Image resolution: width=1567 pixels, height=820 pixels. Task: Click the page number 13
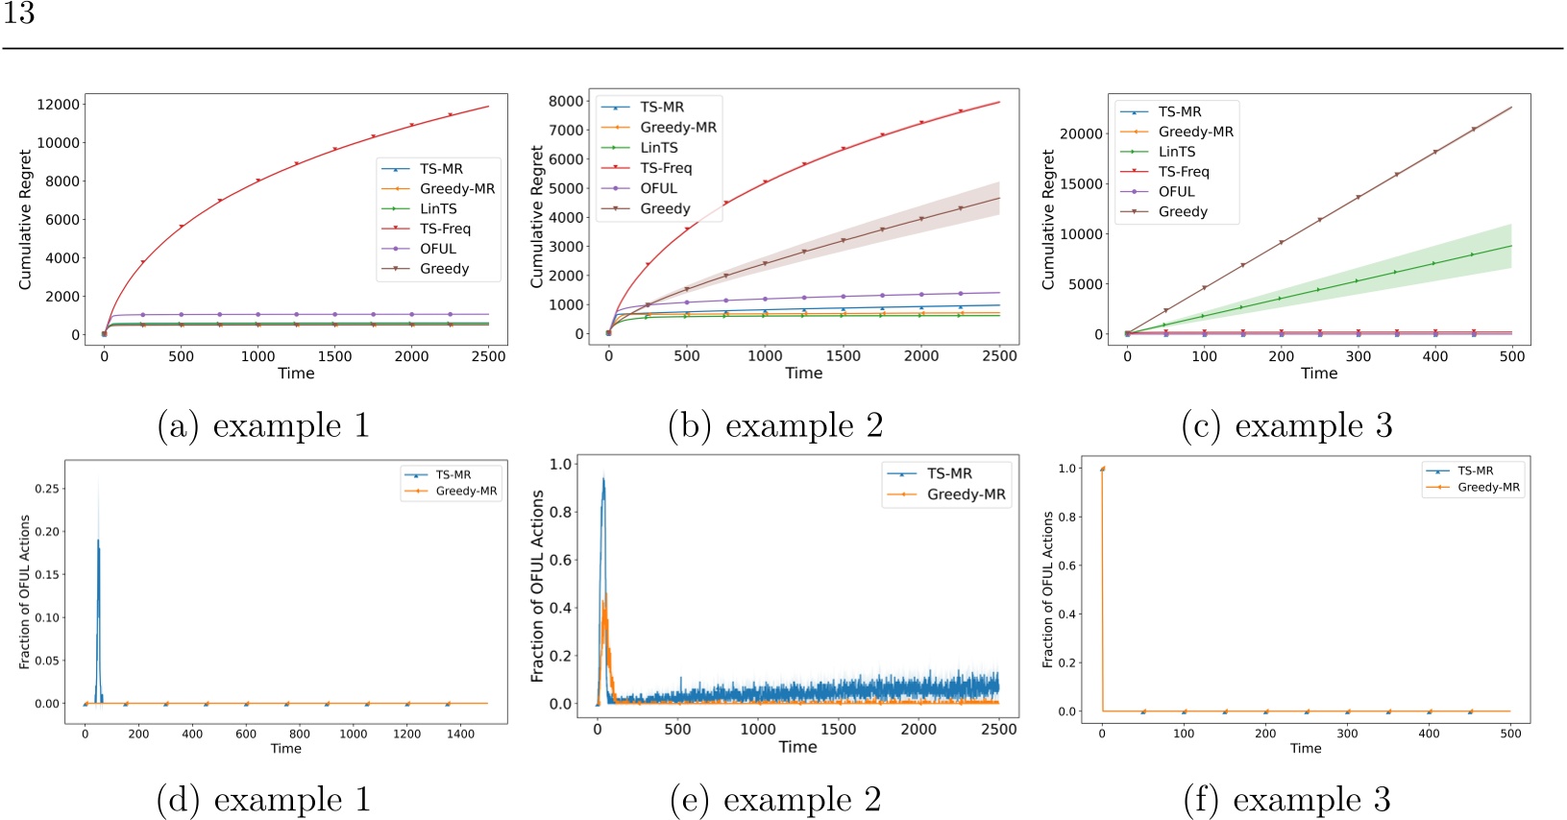tap(19, 13)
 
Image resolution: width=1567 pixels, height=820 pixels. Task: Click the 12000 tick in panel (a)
tap(58, 105)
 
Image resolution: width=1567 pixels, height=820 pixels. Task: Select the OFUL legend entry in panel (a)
tap(438, 249)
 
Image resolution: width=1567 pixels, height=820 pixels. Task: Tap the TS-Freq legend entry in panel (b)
tap(666, 168)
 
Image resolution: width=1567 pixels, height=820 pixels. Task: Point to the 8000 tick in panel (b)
tap(566, 101)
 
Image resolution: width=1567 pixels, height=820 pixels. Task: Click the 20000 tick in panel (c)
tap(1081, 133)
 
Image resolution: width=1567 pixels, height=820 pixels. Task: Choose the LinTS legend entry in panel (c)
tap(1177, 152)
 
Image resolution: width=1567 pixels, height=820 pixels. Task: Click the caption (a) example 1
tap(263, 425)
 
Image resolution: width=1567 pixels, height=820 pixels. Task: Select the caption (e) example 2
tap(774, 799)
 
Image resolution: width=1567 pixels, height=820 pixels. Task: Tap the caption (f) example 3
tap(1286, 799)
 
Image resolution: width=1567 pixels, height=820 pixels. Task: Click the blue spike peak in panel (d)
tap(98, 541)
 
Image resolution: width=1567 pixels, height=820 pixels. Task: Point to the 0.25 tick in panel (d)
tap(46, 489)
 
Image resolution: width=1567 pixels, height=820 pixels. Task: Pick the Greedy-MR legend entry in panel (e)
tap(966, 494)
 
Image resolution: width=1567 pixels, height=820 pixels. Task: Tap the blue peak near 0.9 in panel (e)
tap(603, 479)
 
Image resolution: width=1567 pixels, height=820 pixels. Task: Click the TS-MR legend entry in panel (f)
tap(1475, 470)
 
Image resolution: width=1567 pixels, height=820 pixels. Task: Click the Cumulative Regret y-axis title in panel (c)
tap(1048, 219)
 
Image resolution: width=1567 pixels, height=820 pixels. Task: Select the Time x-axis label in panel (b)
tap(803, 374)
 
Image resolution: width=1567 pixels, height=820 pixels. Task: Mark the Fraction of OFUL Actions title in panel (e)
tap(538, 586)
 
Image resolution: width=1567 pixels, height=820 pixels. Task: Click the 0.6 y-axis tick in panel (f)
tap(1067, 566)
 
